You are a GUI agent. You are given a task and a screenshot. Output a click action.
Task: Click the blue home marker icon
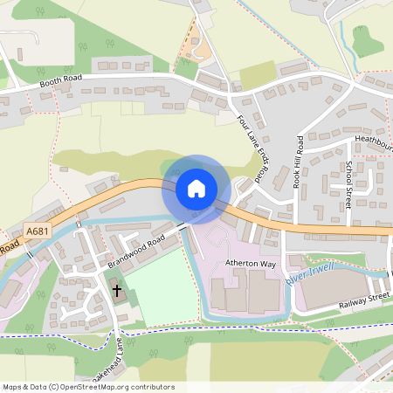196,188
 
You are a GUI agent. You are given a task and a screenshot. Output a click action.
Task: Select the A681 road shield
36,231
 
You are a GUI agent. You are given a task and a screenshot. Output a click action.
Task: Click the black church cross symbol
117,288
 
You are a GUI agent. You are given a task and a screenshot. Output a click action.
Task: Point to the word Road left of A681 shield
8,248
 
